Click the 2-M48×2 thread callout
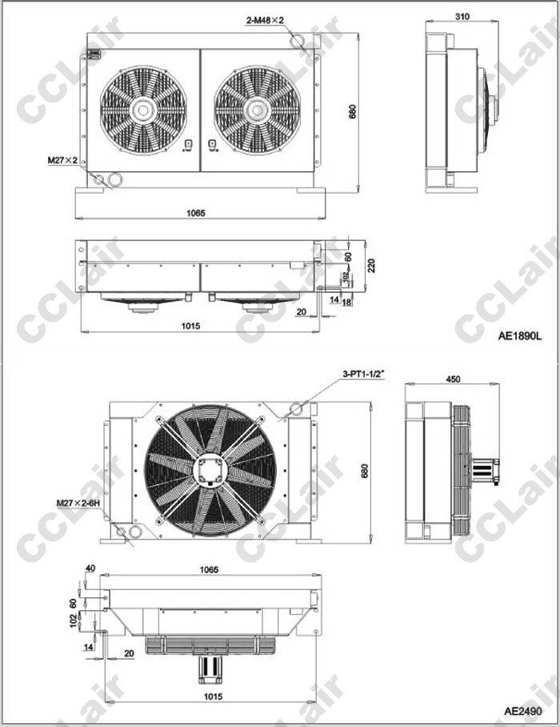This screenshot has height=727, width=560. pos(265,20)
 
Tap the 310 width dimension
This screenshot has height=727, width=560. pos(462,17)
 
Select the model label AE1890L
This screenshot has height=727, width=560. pos(520,335)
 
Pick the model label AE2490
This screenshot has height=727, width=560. pos(523,711)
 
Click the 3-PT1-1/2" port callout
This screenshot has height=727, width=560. pos(364,374)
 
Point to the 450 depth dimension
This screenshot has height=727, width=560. pos(453,380)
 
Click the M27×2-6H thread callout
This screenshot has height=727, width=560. pos(78,503)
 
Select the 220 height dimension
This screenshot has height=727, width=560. pos(371,266)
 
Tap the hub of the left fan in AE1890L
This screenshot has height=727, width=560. pos(143,110)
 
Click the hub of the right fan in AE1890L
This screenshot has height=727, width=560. pos(257,110)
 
